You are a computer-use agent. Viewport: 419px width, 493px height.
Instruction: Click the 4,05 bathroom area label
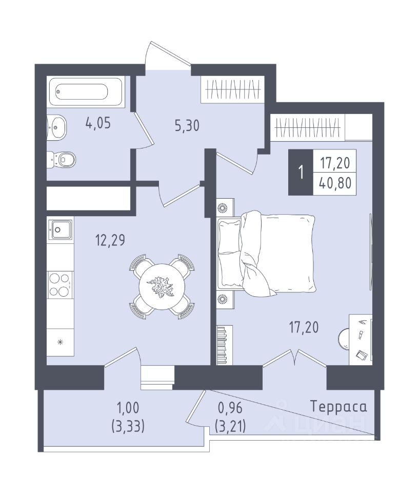(x=98, y=123)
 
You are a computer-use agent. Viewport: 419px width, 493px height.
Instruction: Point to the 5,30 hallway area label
(x=187, y=126)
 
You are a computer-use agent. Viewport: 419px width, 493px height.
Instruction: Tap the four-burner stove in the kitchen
(x=59, y=285)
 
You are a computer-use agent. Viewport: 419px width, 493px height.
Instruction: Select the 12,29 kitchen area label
(x=110, y=240)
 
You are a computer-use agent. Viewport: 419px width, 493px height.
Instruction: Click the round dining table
(x=162, y=287)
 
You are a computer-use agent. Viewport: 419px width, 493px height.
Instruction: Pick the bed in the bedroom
(x=266, y=253)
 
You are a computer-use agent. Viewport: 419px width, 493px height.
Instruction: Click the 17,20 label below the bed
(x=304, y=327)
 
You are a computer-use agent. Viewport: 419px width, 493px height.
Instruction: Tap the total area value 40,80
(x=335, y=183)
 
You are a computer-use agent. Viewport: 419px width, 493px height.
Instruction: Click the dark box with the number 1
(x=301, y=173)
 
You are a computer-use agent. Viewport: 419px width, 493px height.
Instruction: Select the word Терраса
(x=338, y=407)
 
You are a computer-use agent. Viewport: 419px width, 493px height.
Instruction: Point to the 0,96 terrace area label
(x=230, y=408)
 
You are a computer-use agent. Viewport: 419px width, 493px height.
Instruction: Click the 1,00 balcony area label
(x=128, y=408)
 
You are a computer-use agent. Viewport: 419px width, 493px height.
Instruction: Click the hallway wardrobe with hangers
(x=233, y=89)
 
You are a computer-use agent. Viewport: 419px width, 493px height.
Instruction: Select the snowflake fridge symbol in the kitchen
(x=61, y=342)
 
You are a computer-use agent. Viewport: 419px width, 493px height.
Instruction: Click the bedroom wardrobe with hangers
(x=308, y=127)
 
